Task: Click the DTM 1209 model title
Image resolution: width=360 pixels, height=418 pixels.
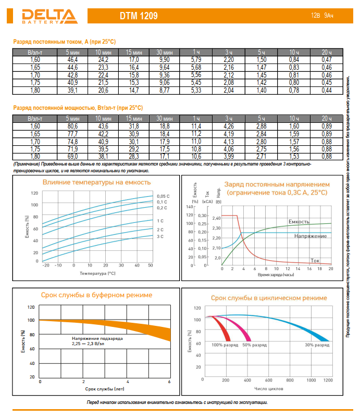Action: click(138, 16)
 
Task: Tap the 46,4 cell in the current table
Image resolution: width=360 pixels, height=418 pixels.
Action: click(72, 60)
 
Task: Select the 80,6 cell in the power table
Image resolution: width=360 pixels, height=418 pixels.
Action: click(72, 126)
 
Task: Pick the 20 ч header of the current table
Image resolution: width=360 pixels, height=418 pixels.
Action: click(327, 53)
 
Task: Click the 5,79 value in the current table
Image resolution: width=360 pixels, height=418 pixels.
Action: click(196, 60)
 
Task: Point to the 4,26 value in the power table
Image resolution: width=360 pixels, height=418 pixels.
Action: click(228, 126)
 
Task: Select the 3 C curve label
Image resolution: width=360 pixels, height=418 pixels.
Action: click(160, 237)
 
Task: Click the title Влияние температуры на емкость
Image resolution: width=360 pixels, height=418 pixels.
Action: click(97, 182)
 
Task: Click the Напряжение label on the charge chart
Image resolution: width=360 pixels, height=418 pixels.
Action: click(311, 236)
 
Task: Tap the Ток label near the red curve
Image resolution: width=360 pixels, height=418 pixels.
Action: click(315, 260)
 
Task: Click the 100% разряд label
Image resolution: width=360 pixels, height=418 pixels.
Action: click(224, 345)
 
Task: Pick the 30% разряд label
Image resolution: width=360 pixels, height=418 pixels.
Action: click(317, 345)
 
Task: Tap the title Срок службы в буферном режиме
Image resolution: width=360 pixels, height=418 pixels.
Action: click(97, 295)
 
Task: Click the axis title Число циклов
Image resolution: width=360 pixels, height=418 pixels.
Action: click(268, 388)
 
